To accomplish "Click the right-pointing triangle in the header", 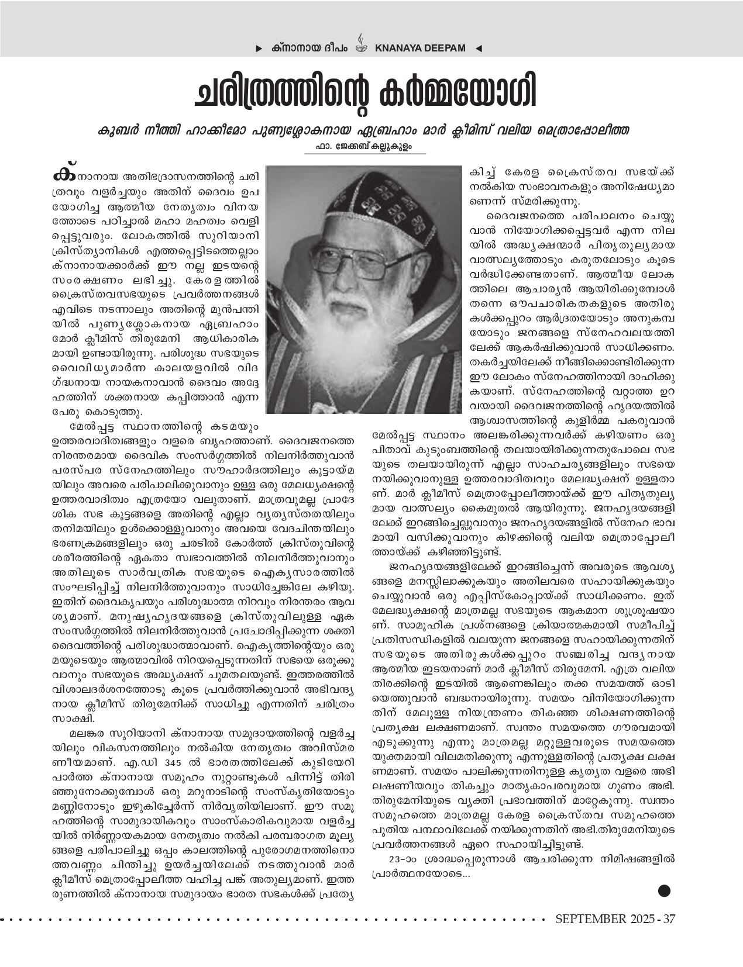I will pyautogui.click(x=259, y=49).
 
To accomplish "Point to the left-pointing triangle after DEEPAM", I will pyautogui.click(x=479, y=49).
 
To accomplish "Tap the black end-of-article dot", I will pyautogui.click(x=664, y=890).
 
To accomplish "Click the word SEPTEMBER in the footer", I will pyautogui.click(x=591, y=919).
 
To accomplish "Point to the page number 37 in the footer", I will pyautogui.click(x=669, y=919).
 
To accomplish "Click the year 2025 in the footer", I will pyautogui.click(x=644, y=919).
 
